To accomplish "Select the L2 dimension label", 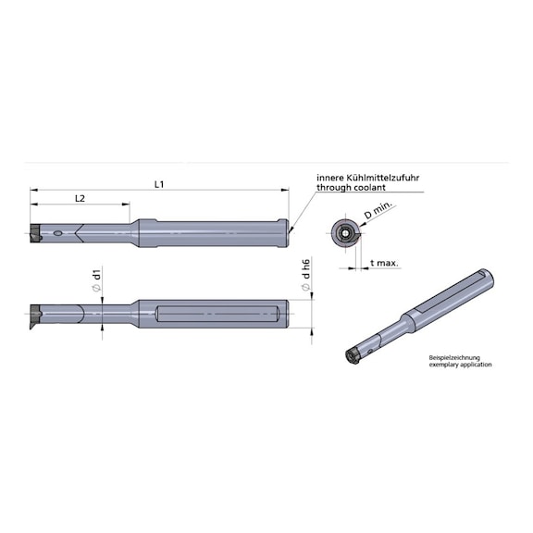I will tap(80, 198).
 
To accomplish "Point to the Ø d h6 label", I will tap(305, 277).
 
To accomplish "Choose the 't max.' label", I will tap(384, 263).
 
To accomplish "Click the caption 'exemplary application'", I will tap(460, 365).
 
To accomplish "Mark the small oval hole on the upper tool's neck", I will tap(58, 233).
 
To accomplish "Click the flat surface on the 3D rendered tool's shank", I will tap(453, 295).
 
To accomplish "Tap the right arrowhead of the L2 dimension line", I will tap(127, 205).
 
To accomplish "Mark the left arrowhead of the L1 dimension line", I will tap(33, 191).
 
